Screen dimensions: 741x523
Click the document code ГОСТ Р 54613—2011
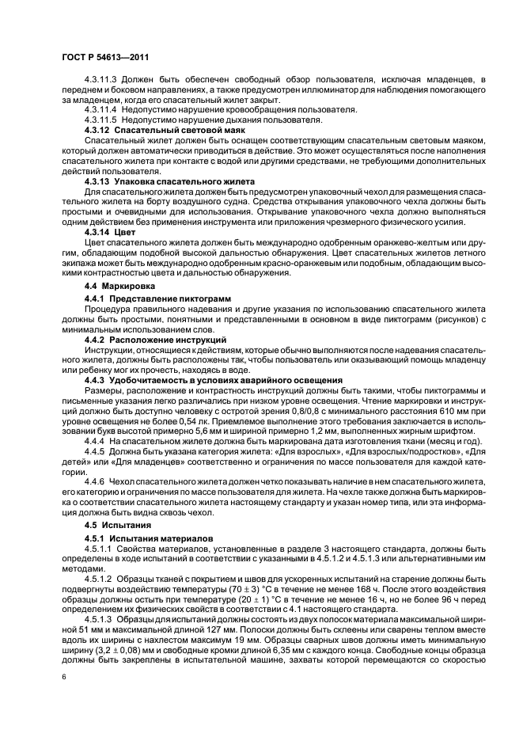tap(105, 59)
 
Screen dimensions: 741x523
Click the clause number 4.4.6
tap(95, 482)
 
